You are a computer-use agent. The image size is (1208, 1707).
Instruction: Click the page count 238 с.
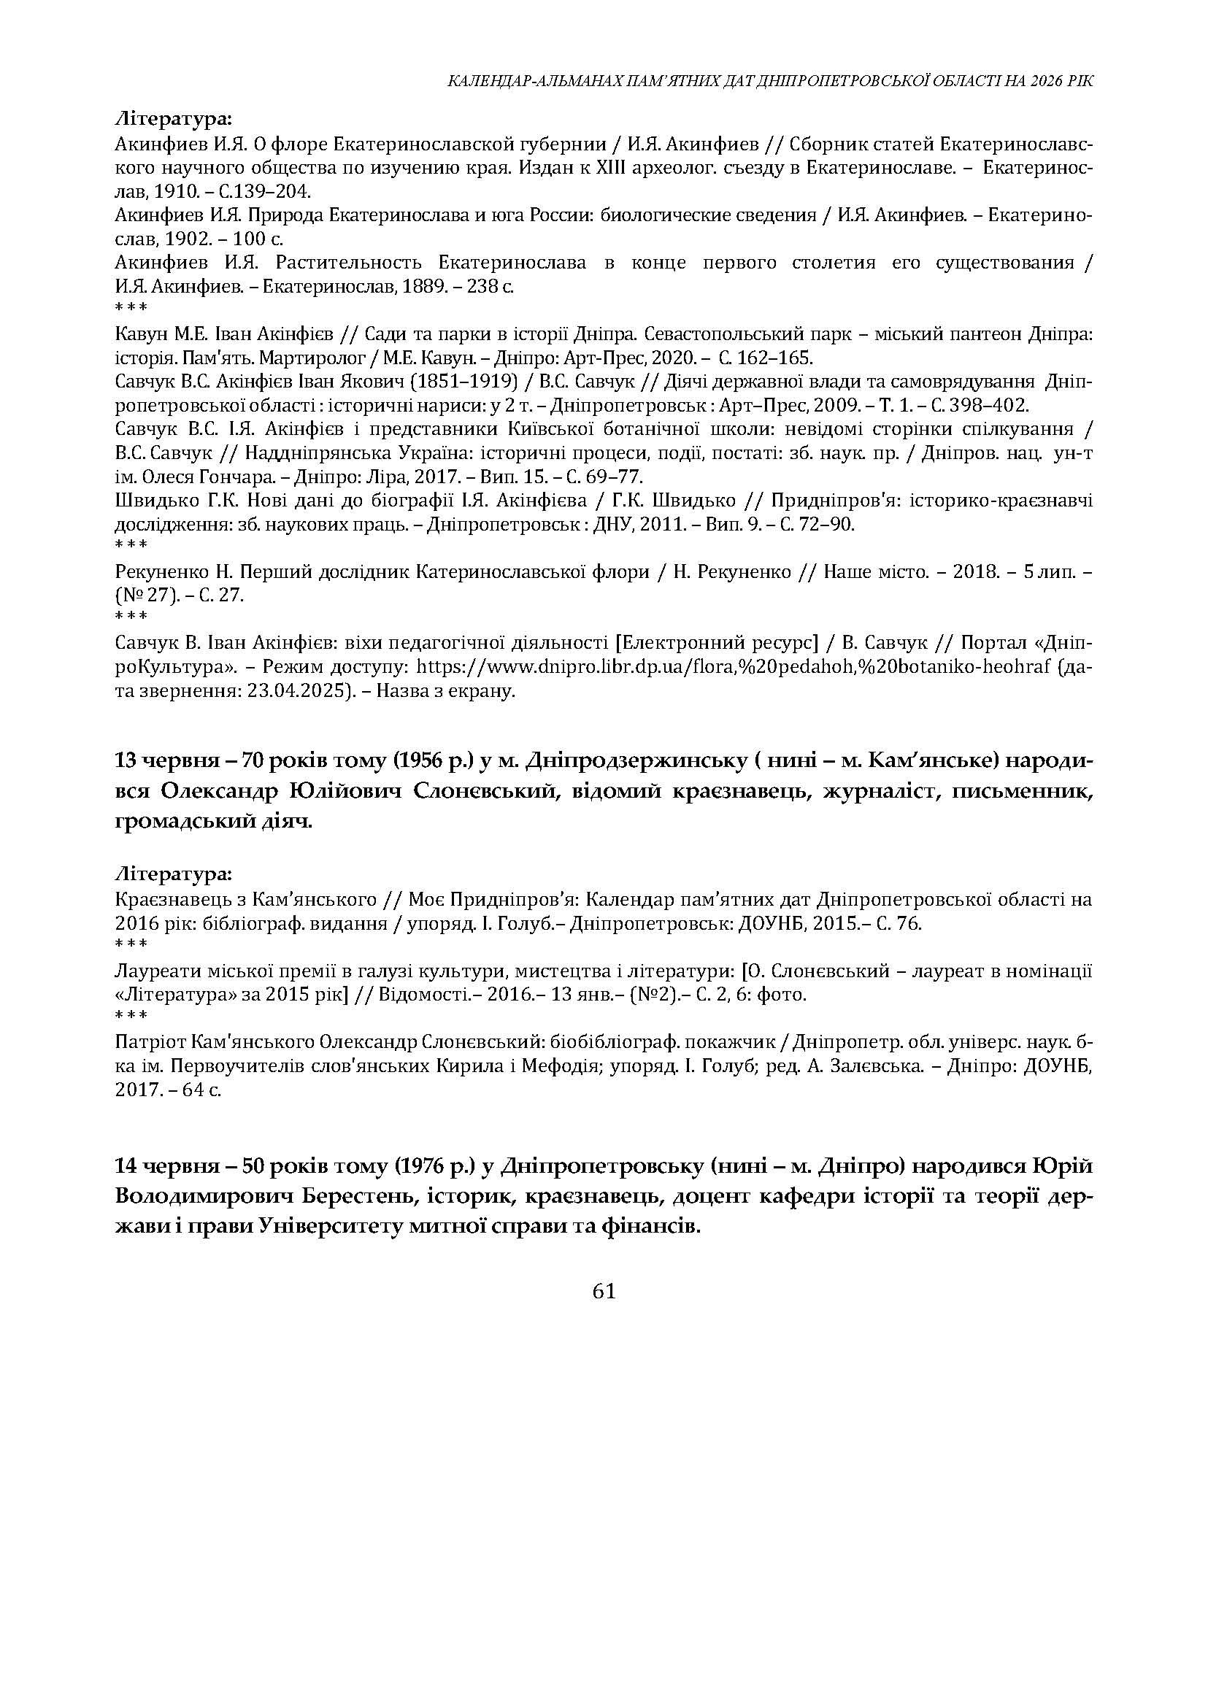click(483, 286)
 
